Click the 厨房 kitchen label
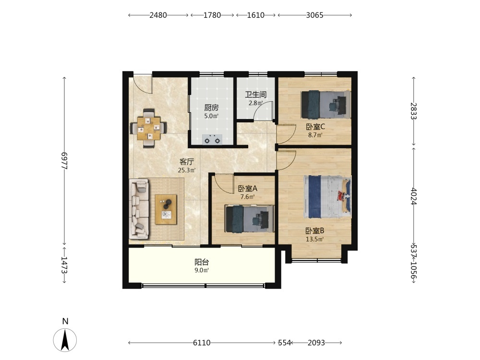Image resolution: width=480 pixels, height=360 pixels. (x=212, y=108)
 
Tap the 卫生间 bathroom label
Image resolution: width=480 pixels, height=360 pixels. (x=256, y=95)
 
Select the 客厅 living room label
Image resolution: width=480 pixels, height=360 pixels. (x=186, y=162)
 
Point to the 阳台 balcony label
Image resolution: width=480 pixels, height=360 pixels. (x=202, y=262)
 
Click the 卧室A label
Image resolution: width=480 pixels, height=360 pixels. (x=248, y=189)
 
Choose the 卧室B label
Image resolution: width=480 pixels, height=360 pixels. (x=315, y=231)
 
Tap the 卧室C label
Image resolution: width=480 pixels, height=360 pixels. (x=315, y=126)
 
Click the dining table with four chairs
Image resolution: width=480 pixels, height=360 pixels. (x=148, y=128)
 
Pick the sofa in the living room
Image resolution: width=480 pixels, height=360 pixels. (x=139, y=209)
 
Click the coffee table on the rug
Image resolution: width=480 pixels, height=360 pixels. (x=166, y=209)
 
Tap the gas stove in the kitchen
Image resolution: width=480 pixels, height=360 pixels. (x=212, y=140)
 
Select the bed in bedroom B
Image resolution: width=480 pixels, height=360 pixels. (x=327, y=196)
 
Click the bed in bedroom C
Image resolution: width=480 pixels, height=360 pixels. (x=326, y=104)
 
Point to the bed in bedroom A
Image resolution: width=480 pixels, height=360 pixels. (x=249, y=219)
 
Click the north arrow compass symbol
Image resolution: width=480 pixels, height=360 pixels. (x=65, y=339)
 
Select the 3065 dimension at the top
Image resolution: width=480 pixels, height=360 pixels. (x=315, y=15)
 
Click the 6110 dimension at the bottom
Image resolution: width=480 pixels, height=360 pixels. (x=202, y=343)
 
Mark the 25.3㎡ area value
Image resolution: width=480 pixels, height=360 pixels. (x=187, y=170)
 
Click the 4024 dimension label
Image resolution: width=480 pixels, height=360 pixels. (x=414, y=196)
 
